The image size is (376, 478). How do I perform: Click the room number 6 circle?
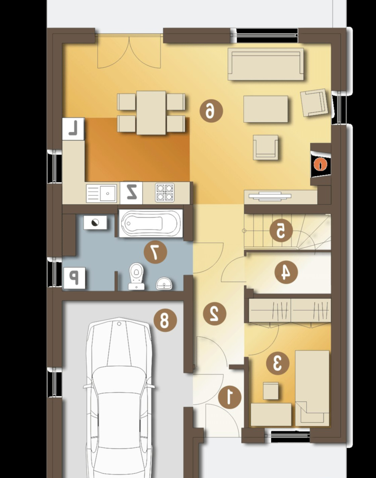tap(211, 111)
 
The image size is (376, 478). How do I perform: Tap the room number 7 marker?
tap(155, 252)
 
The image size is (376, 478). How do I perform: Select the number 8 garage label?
tap(165, 320)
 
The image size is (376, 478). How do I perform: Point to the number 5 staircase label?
tap(281, 231)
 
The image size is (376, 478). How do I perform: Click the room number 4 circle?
tap(286, 272)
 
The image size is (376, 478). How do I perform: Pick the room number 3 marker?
tap(278, 363)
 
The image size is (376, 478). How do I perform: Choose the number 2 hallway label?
tap(215, 313)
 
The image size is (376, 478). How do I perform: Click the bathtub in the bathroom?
tap(151, 223)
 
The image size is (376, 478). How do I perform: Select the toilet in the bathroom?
tap(136, 276)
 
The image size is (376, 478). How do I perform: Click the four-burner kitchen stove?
tap(165, 192)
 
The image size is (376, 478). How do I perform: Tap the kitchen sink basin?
tap(108, 193)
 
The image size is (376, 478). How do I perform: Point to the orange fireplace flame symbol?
tap(320, 165)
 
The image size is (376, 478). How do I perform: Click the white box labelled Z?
tap(131, 192)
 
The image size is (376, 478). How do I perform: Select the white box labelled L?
tap(73, 129)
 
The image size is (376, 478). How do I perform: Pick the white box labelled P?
tap(74, 278)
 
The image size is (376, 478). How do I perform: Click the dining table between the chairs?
tap(151, 113)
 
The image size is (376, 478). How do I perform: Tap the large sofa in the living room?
tap(266, 64)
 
